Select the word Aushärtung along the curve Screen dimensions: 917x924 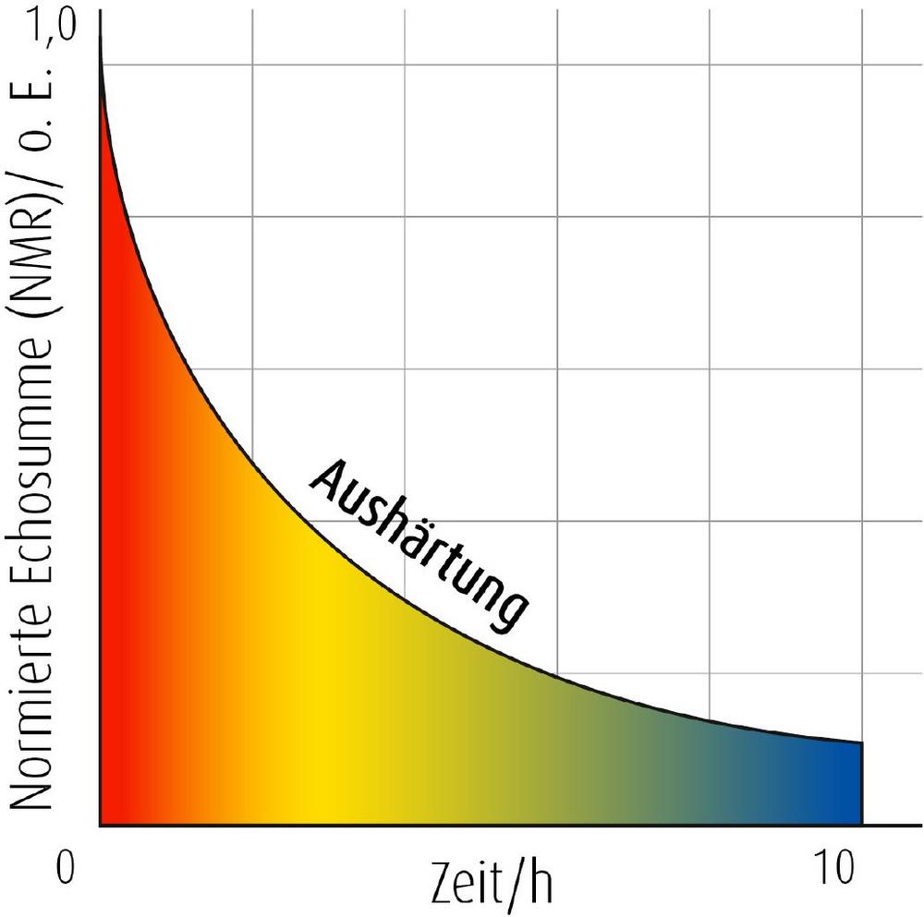pos(421,545)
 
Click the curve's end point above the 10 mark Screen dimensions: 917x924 pos(861,742)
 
